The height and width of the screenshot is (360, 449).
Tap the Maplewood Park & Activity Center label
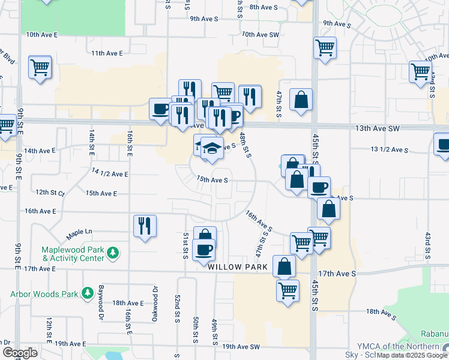[x=72, y=254]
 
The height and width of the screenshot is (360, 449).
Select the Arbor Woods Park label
[x=44, y=294]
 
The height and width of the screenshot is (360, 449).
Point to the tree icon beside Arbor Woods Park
[x=88, y=292]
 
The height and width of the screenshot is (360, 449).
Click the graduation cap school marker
[x=211, y=148]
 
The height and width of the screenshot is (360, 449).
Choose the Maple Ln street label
[x=79, y=231]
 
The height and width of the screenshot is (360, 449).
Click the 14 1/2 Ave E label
[x=110, y=173]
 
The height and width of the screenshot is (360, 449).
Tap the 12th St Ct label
[x=50, y=193]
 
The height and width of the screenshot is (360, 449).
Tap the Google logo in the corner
[x=20, y=353]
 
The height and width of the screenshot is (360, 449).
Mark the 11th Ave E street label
[x=107, y=53]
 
